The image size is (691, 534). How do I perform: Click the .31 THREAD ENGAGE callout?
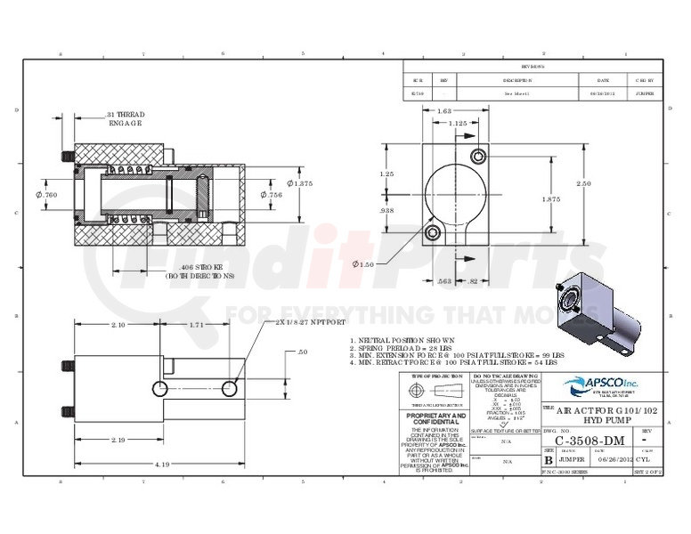click(125, 119)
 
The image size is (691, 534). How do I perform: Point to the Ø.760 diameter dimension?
click(48, 195)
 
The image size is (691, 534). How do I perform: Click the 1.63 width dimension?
click(443, 110)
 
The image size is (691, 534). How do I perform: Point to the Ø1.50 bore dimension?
click(363, 264)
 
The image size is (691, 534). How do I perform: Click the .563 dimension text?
click(444, 280)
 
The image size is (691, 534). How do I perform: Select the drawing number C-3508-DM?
click(589, 440)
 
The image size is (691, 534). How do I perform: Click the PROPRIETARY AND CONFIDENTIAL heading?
click(435, 419)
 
